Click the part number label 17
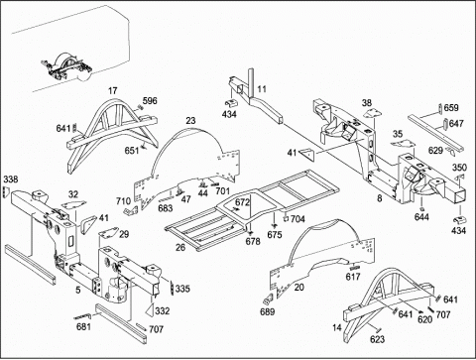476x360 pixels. pos(113,90)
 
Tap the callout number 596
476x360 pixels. pos(150,101)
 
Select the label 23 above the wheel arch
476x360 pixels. pos(190,121)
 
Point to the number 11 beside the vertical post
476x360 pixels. pos(262,89)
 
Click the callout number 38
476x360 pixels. pos(367,103)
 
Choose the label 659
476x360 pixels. pos(451,108)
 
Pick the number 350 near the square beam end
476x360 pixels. pos(459,168)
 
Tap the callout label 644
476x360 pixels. pos(421,217)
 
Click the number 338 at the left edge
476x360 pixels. pos(11,180)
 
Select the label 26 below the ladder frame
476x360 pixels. pos(180,247)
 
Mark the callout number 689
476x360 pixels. pos(268,311)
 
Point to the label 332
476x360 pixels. pos(163,311)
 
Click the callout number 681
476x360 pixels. pos(83,327)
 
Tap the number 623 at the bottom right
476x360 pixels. pos(377,339)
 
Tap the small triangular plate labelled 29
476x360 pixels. pos(108,233)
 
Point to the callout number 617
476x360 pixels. pos(353,277)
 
